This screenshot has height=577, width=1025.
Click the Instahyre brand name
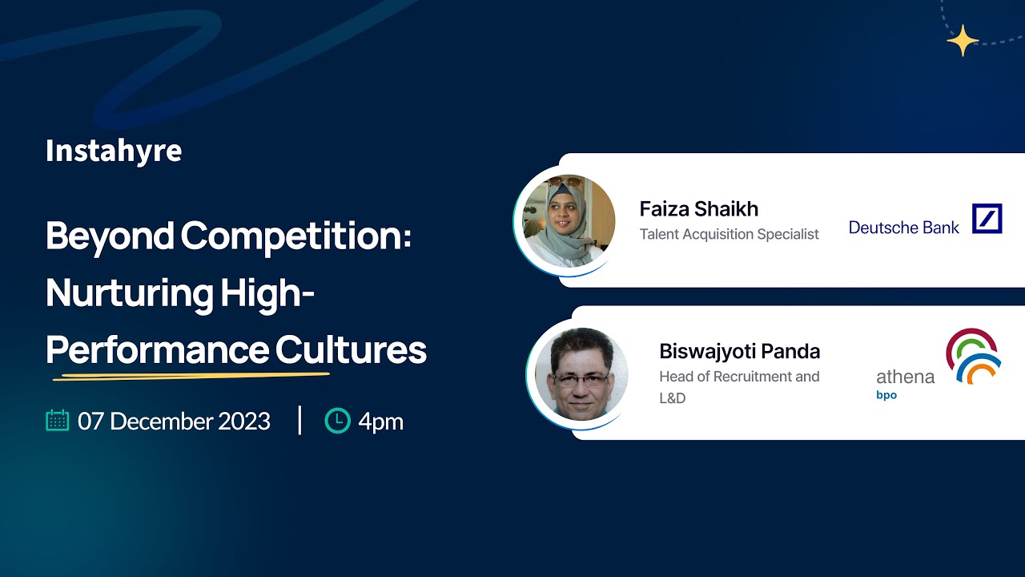tap(114, 151)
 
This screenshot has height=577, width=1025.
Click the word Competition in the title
tap(295, 236)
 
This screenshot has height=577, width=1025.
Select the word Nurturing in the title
tap(129, 293)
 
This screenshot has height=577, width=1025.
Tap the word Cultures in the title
tap(351, 350)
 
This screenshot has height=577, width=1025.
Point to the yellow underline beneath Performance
tap(191, 374)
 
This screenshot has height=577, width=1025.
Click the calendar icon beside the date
tap(58, 421)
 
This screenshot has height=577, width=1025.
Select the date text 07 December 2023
tap(174, 422)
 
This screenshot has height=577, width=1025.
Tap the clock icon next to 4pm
tap(337, 421)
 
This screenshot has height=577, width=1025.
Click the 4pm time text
tap(380, 422)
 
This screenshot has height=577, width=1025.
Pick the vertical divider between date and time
tap(299, 420)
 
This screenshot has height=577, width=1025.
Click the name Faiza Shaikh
tap(698, 209)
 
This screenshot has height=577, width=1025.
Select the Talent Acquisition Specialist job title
tap(729, 234)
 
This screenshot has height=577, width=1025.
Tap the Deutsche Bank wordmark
tap(903, 228)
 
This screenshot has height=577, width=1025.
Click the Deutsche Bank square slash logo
tap(987, 219)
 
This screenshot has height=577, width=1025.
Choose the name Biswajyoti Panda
tap(739, 351)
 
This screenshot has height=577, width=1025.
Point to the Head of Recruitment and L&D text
tap(738, 386)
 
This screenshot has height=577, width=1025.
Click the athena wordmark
tap(905, 377)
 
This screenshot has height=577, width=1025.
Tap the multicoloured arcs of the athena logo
tap(973, 355)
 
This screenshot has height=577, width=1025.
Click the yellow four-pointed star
tap(962, 40)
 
